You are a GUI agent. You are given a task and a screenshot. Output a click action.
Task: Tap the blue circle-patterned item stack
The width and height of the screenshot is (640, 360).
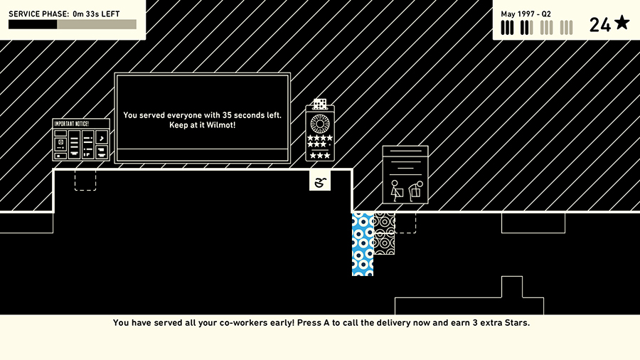363,243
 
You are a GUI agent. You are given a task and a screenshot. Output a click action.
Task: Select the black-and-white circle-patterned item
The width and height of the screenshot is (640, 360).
384,233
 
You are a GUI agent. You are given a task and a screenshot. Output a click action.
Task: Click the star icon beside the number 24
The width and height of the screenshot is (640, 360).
622,23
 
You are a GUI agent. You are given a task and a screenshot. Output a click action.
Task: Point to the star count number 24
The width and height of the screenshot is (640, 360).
599,25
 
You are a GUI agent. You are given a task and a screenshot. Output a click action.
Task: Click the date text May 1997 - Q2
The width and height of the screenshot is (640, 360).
526,14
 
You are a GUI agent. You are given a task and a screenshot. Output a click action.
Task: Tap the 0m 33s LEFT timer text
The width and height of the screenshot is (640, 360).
96,14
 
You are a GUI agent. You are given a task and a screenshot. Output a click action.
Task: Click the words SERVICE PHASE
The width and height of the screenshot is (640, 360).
38,14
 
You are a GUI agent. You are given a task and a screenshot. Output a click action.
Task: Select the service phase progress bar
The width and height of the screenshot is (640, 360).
73,25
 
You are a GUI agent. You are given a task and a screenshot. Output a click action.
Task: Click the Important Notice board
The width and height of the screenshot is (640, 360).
81,139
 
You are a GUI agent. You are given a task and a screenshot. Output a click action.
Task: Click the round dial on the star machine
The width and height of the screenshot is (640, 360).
320,122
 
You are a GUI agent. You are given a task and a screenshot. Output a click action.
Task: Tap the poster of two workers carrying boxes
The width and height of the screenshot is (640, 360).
405,175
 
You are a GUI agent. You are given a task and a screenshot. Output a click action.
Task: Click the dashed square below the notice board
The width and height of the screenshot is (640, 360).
85,180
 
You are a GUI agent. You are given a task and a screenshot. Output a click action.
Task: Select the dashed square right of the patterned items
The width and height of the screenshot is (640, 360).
405,223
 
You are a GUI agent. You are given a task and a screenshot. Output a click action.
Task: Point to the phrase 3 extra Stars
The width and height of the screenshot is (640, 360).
500,322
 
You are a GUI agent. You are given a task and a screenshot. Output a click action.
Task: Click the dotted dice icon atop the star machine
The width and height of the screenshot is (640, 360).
320,104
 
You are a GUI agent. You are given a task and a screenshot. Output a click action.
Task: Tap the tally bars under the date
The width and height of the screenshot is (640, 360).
537,28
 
